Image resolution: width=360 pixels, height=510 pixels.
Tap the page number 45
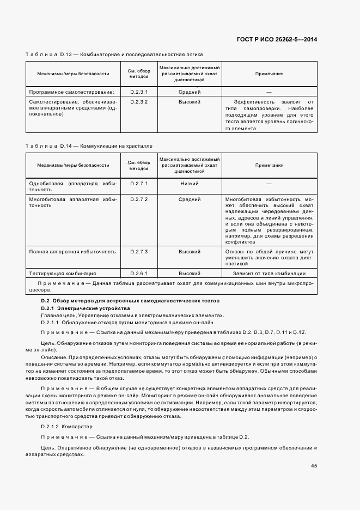(314, 465)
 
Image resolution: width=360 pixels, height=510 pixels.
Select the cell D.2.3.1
(139, 92)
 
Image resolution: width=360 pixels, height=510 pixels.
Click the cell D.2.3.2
(139, 102)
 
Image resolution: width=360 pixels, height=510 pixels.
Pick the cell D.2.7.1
(139, 184)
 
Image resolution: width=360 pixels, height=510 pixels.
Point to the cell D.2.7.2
(139, 199)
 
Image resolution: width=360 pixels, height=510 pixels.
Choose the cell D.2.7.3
(139, 252)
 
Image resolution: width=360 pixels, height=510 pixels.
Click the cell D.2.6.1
(139, 273)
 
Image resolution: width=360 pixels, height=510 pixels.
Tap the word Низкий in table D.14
(189, 184)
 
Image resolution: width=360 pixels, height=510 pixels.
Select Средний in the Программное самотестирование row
(189, 92)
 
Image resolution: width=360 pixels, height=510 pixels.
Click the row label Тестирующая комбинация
(63, 273)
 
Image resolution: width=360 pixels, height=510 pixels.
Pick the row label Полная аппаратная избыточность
(72, 252)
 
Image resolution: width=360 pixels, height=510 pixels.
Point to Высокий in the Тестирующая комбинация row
(189, 273)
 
